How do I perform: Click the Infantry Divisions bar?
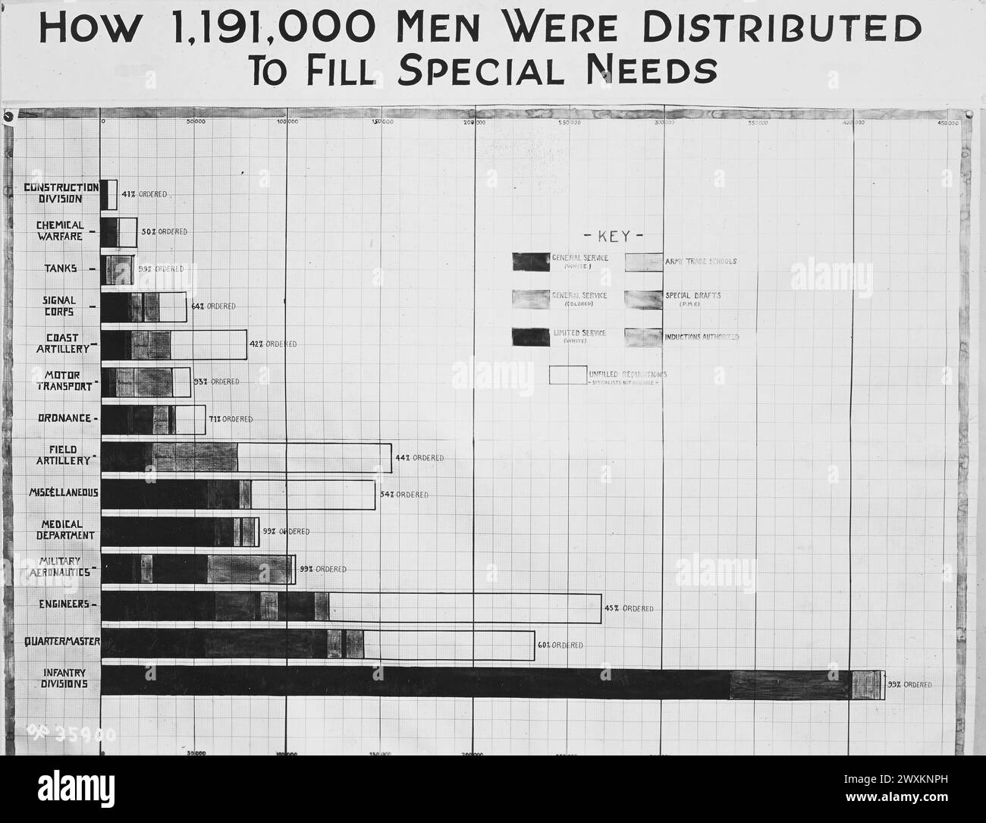tap(493, 683)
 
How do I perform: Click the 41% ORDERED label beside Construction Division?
tap(144, 194)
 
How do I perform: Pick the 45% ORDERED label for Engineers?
tap(628, 608)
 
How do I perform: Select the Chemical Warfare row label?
tap(60, 231)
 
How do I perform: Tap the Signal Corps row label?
tap(59, 306)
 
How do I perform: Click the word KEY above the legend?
tap(614, 236)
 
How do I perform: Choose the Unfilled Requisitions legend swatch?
tap(567, 375)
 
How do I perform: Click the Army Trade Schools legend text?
tap(701, 262)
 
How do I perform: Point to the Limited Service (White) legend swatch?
tap(531, 337)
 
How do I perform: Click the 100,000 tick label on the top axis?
tap(286, 122)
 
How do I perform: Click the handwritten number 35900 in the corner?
tap(73, 733)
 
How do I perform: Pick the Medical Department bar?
tap(180, 532)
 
